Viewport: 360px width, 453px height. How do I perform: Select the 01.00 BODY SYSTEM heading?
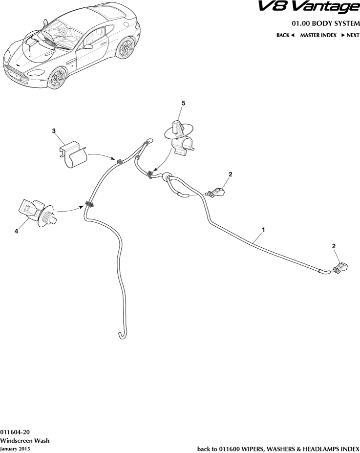pyautogui.click(x=325, y=24)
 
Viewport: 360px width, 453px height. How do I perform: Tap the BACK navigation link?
pyautogui.click(x=285, y=35)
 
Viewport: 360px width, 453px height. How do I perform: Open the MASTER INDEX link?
pyautogui.click(x=318, y=35)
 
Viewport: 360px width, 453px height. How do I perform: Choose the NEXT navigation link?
pyautogui.click(x=350, y=35)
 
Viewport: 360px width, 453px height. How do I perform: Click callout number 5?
pyautogui.click(x=183, y=104)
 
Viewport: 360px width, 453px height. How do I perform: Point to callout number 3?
pyautogui.click(x=54, y=131)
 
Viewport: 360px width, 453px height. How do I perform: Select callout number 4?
pyautogui.click(x=17, y=232)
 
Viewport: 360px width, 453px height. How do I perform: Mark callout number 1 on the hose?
pyautogui.click(x=263, y=229)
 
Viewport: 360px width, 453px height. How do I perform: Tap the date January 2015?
pyautogui.click(x=15, y=449)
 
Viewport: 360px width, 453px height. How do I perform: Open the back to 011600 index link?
pyautogui.click(x=278, y=449)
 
